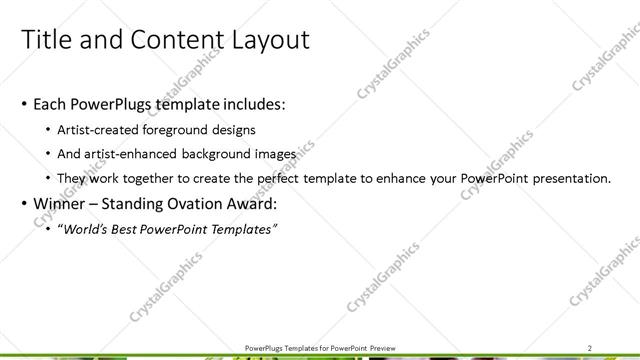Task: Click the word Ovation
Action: (x=197, y=204)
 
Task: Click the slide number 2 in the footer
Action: (x=590, y=347)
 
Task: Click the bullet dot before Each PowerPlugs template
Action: (x=23, y=105)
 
